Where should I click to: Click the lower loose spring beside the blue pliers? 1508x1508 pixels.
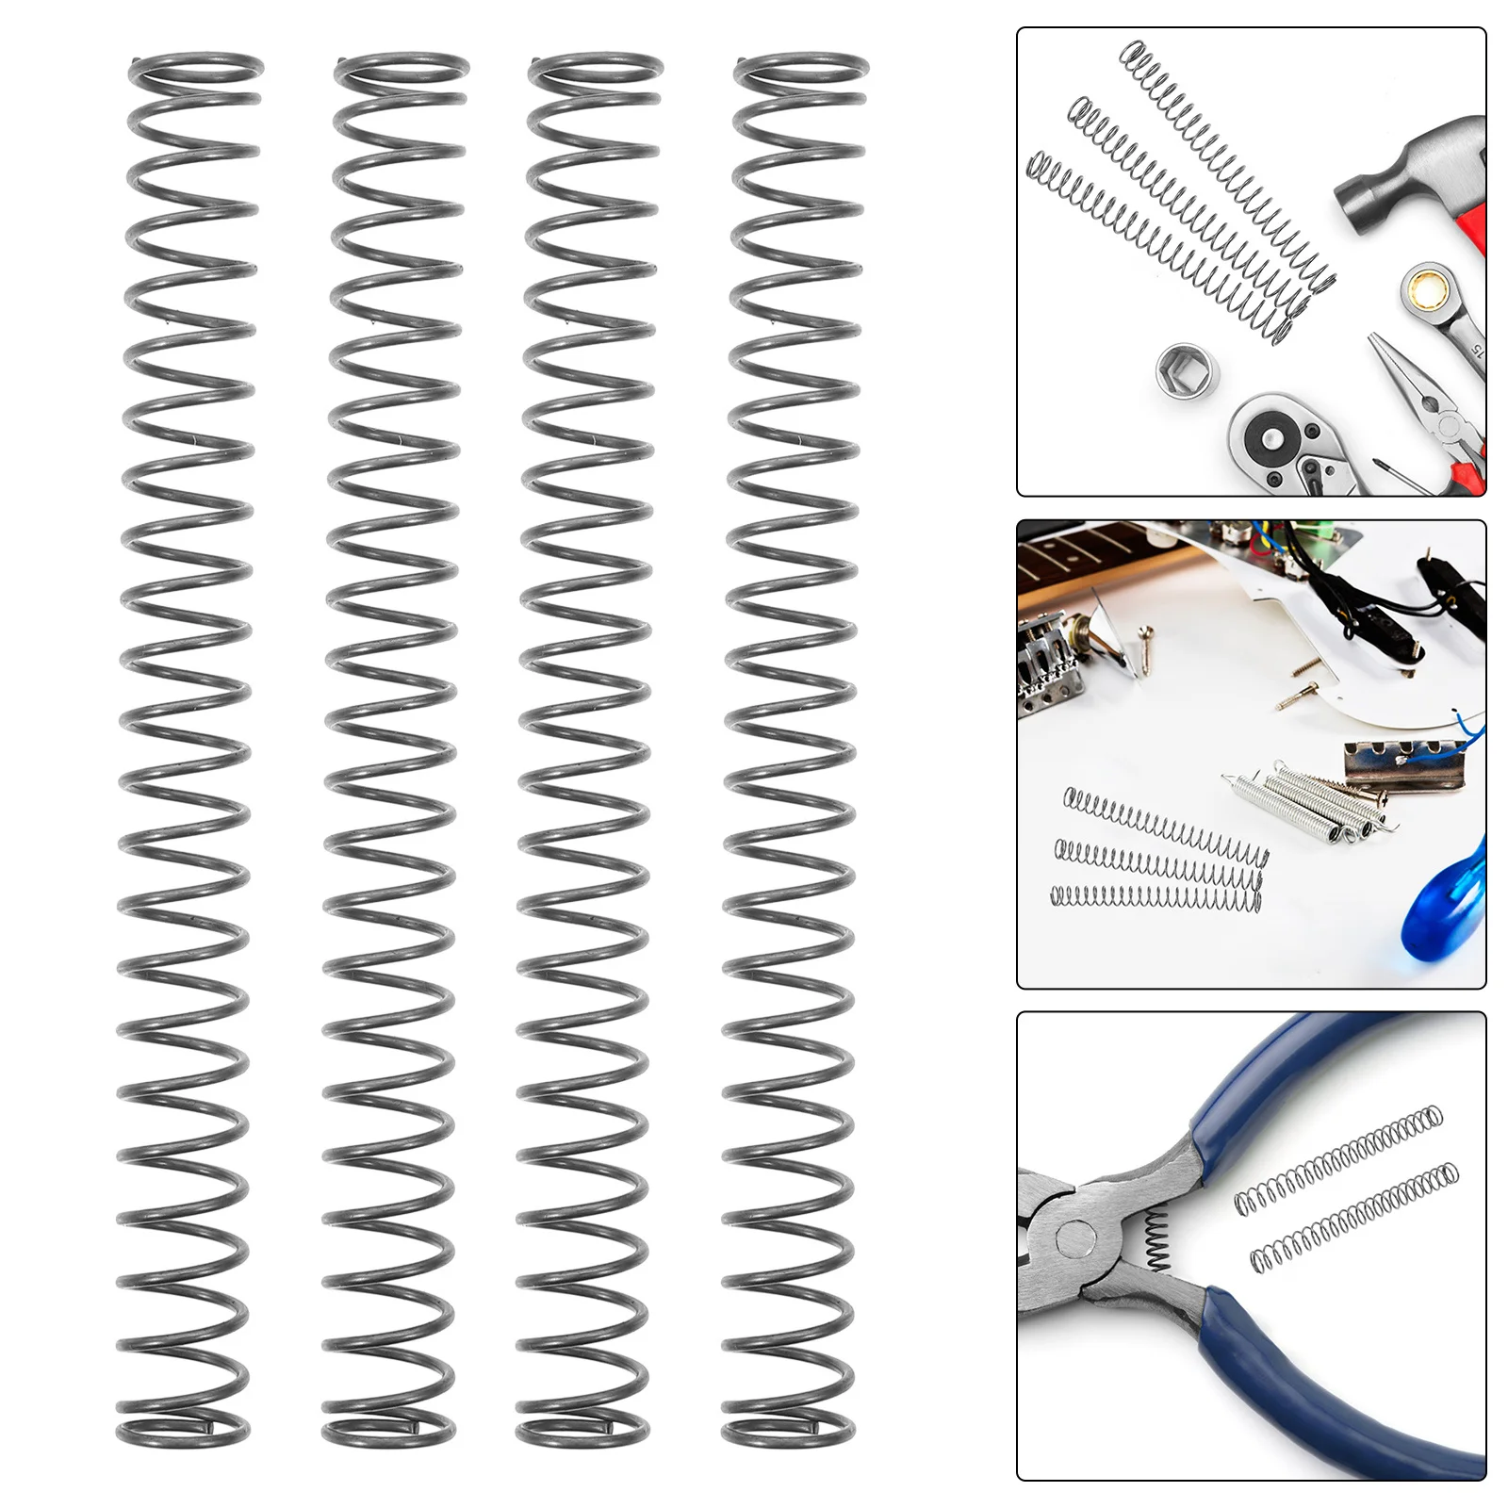[1353, 1216]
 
